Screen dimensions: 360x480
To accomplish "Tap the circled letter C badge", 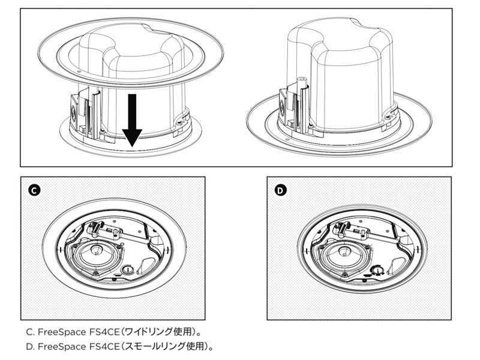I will [x=34, y=191].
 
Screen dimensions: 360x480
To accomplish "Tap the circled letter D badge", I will [x=280, y=191].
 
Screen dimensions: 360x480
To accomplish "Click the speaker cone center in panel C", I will [x=97, y=253].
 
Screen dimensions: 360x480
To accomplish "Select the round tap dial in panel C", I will [x=127, y=271].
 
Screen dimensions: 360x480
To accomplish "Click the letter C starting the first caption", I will [x=29, y=331].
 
